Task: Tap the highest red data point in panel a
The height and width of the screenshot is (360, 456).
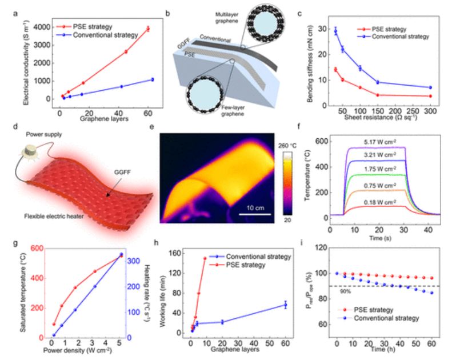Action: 147,29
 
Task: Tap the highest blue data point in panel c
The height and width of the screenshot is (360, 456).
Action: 335,30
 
